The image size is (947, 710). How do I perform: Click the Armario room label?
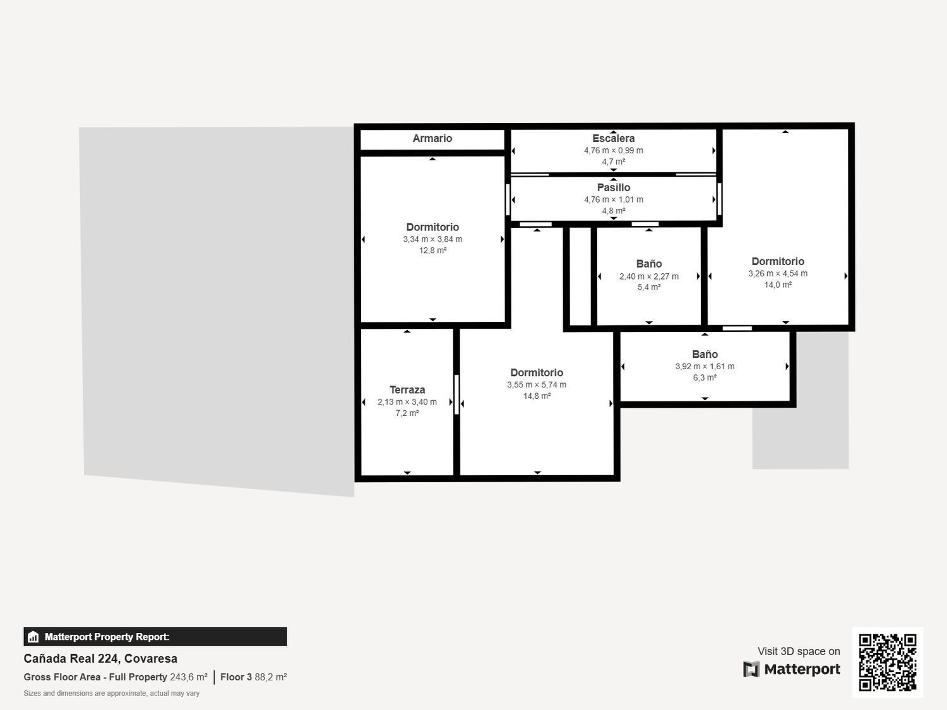432,138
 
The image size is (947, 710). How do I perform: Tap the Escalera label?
613,138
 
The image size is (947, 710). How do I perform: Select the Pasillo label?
614,187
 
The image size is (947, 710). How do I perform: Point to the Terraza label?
407,390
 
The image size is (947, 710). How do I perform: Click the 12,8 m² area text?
432,251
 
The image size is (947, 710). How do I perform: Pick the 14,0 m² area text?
778,285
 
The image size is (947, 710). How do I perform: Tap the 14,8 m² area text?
537,396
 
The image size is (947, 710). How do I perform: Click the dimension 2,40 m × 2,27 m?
649,276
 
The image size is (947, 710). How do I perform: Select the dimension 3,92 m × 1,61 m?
705,366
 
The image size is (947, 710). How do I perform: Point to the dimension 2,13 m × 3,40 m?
407,402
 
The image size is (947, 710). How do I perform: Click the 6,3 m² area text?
705,377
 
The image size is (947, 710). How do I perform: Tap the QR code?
888,663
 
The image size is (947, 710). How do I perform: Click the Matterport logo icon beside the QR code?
751,669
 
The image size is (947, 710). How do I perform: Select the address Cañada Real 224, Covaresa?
100,659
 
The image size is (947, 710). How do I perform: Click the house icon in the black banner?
33,637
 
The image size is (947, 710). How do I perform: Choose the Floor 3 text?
236,677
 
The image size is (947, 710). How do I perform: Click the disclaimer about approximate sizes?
112,694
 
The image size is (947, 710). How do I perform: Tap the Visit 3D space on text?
799,651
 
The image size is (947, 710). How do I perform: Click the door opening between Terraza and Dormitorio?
456,394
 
